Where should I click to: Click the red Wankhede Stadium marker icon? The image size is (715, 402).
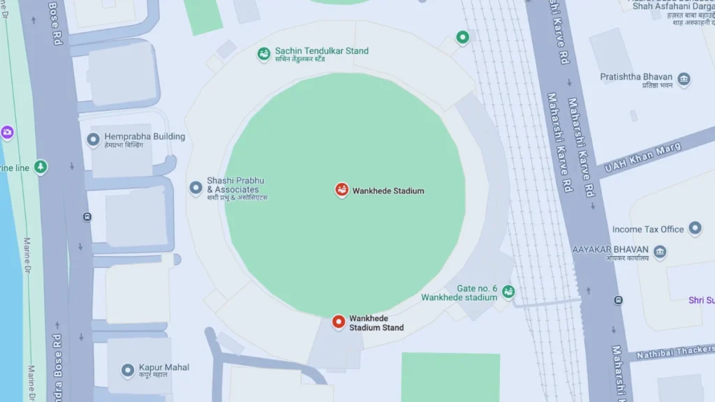(341, 190)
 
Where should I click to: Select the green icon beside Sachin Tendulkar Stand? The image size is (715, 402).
(264, 53)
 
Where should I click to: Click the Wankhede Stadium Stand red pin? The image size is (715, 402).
(339, 322)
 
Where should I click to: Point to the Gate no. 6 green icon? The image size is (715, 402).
(508, 291)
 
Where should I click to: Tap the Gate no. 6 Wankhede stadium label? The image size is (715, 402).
(459, 293)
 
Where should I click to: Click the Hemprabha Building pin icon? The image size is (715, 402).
(93, 140)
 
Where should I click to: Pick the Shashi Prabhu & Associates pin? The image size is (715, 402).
(196, 187)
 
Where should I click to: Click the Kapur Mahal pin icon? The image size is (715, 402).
(127, 370)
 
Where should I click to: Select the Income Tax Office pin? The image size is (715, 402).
(695, 228)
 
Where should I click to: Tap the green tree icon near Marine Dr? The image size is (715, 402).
(41, 167)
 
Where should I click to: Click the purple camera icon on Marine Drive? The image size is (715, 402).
(7, 132)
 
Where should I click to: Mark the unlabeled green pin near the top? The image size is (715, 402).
(462, 37)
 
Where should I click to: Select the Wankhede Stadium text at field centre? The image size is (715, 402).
(388, 191)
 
